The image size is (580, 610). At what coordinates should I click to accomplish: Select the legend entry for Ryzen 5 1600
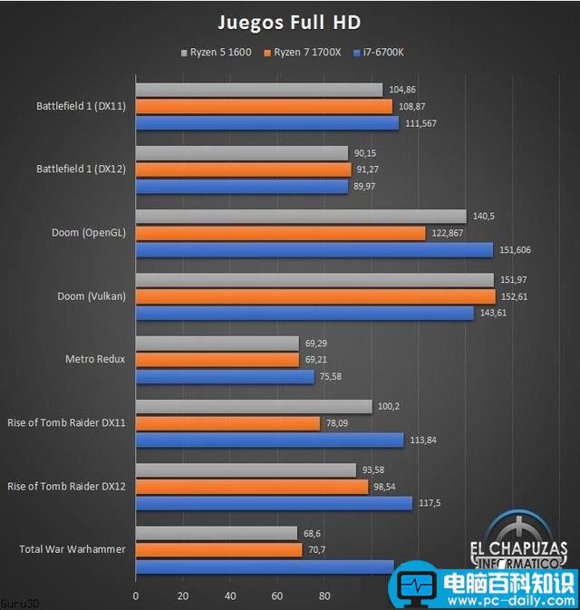click(x=221, y=53)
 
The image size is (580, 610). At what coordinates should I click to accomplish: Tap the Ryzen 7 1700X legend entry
click(x=303, y=53)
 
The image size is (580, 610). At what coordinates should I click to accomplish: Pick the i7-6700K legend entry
click(x=381, y=53)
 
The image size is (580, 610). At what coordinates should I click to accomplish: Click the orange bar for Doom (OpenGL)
click(x=280, y=233)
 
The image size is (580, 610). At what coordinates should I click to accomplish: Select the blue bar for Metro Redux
click(x=225, y=376)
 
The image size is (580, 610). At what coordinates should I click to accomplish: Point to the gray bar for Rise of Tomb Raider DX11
click(x=254, y=406)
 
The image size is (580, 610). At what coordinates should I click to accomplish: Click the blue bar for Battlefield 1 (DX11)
click(x=267, y=122)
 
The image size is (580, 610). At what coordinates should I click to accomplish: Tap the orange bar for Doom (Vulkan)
click(x=315, y=296)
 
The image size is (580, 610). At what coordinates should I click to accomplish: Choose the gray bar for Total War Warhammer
click(x=217, y=533)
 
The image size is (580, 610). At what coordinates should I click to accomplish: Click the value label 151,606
click(x=517, y=250)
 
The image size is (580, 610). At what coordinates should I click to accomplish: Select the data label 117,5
click(x=433, y=503)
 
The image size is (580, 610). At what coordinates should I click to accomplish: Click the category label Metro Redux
click(x=96, y=359)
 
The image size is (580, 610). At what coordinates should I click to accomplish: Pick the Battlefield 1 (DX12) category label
click(x=82, y=169)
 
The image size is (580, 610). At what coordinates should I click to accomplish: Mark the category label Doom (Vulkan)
click(x=90, y=296)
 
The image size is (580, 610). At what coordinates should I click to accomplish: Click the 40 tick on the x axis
click(x=230, y=596)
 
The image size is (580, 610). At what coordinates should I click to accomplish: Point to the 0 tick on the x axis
click(x=136, y=596)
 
